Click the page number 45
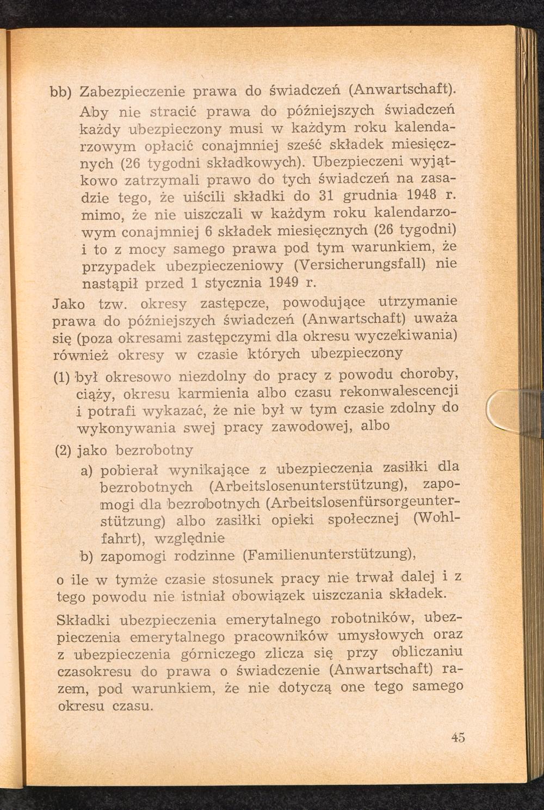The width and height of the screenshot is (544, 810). coord(458,738)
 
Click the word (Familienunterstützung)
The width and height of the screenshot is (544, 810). coord(330,555)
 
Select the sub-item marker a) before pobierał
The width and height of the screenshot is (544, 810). coord(85,469)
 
